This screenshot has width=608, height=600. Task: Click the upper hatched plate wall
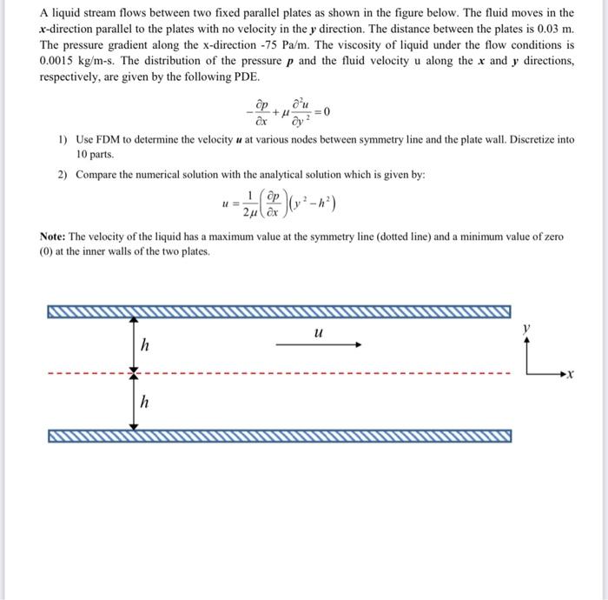[278, 311]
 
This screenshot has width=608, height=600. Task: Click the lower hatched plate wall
[278, 436]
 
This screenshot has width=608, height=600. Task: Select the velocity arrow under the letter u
[318, 344]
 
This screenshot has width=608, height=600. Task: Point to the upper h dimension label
[145, 345]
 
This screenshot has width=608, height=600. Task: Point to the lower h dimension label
[145, 402]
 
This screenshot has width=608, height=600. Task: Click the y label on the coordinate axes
[525, 329]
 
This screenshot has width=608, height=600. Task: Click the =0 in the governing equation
[321, 112]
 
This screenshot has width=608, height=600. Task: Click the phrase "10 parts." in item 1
[96, 154]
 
